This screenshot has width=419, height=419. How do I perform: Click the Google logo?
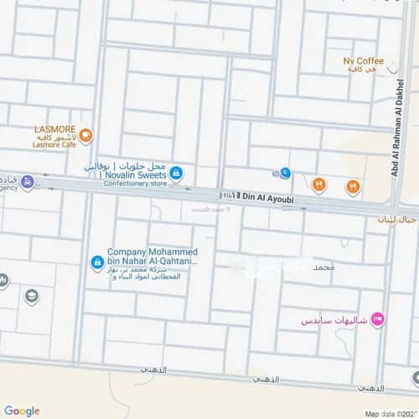pyautogui.click(x=21, y=411)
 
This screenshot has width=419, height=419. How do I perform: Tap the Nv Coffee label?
pyautogui.click(x=363, y=61)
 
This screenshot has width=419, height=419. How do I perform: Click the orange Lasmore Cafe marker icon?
pyautogui.click(x=86, y=136)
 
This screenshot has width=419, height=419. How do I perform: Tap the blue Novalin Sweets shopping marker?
pyautogui.click(x=175, y=173)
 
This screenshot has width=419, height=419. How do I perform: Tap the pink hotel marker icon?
pyautogui.click(x=376, y=318)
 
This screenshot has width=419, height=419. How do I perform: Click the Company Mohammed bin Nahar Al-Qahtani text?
pyautogui.click(x=152, y=256)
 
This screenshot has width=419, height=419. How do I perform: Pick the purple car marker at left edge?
pyautogui.click(x=28, y=182)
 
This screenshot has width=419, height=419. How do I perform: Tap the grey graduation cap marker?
pyautogui.click(x=32, y=296)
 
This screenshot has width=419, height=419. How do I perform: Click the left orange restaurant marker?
pyautogui.click(x=318, y=185)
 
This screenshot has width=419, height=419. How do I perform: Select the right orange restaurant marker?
pyautogui.click(x=353, y=187)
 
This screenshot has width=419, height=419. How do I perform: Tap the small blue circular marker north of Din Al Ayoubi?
pyautogui.click(x=286, y=173)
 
